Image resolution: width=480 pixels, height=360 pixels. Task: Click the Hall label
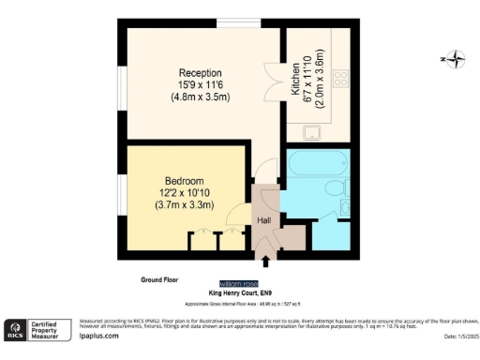(x=264, y=221)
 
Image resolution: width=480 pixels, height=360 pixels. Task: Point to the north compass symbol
(x=455, y=61)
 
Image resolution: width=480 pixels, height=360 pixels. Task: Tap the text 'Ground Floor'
(x=161, y=278)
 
